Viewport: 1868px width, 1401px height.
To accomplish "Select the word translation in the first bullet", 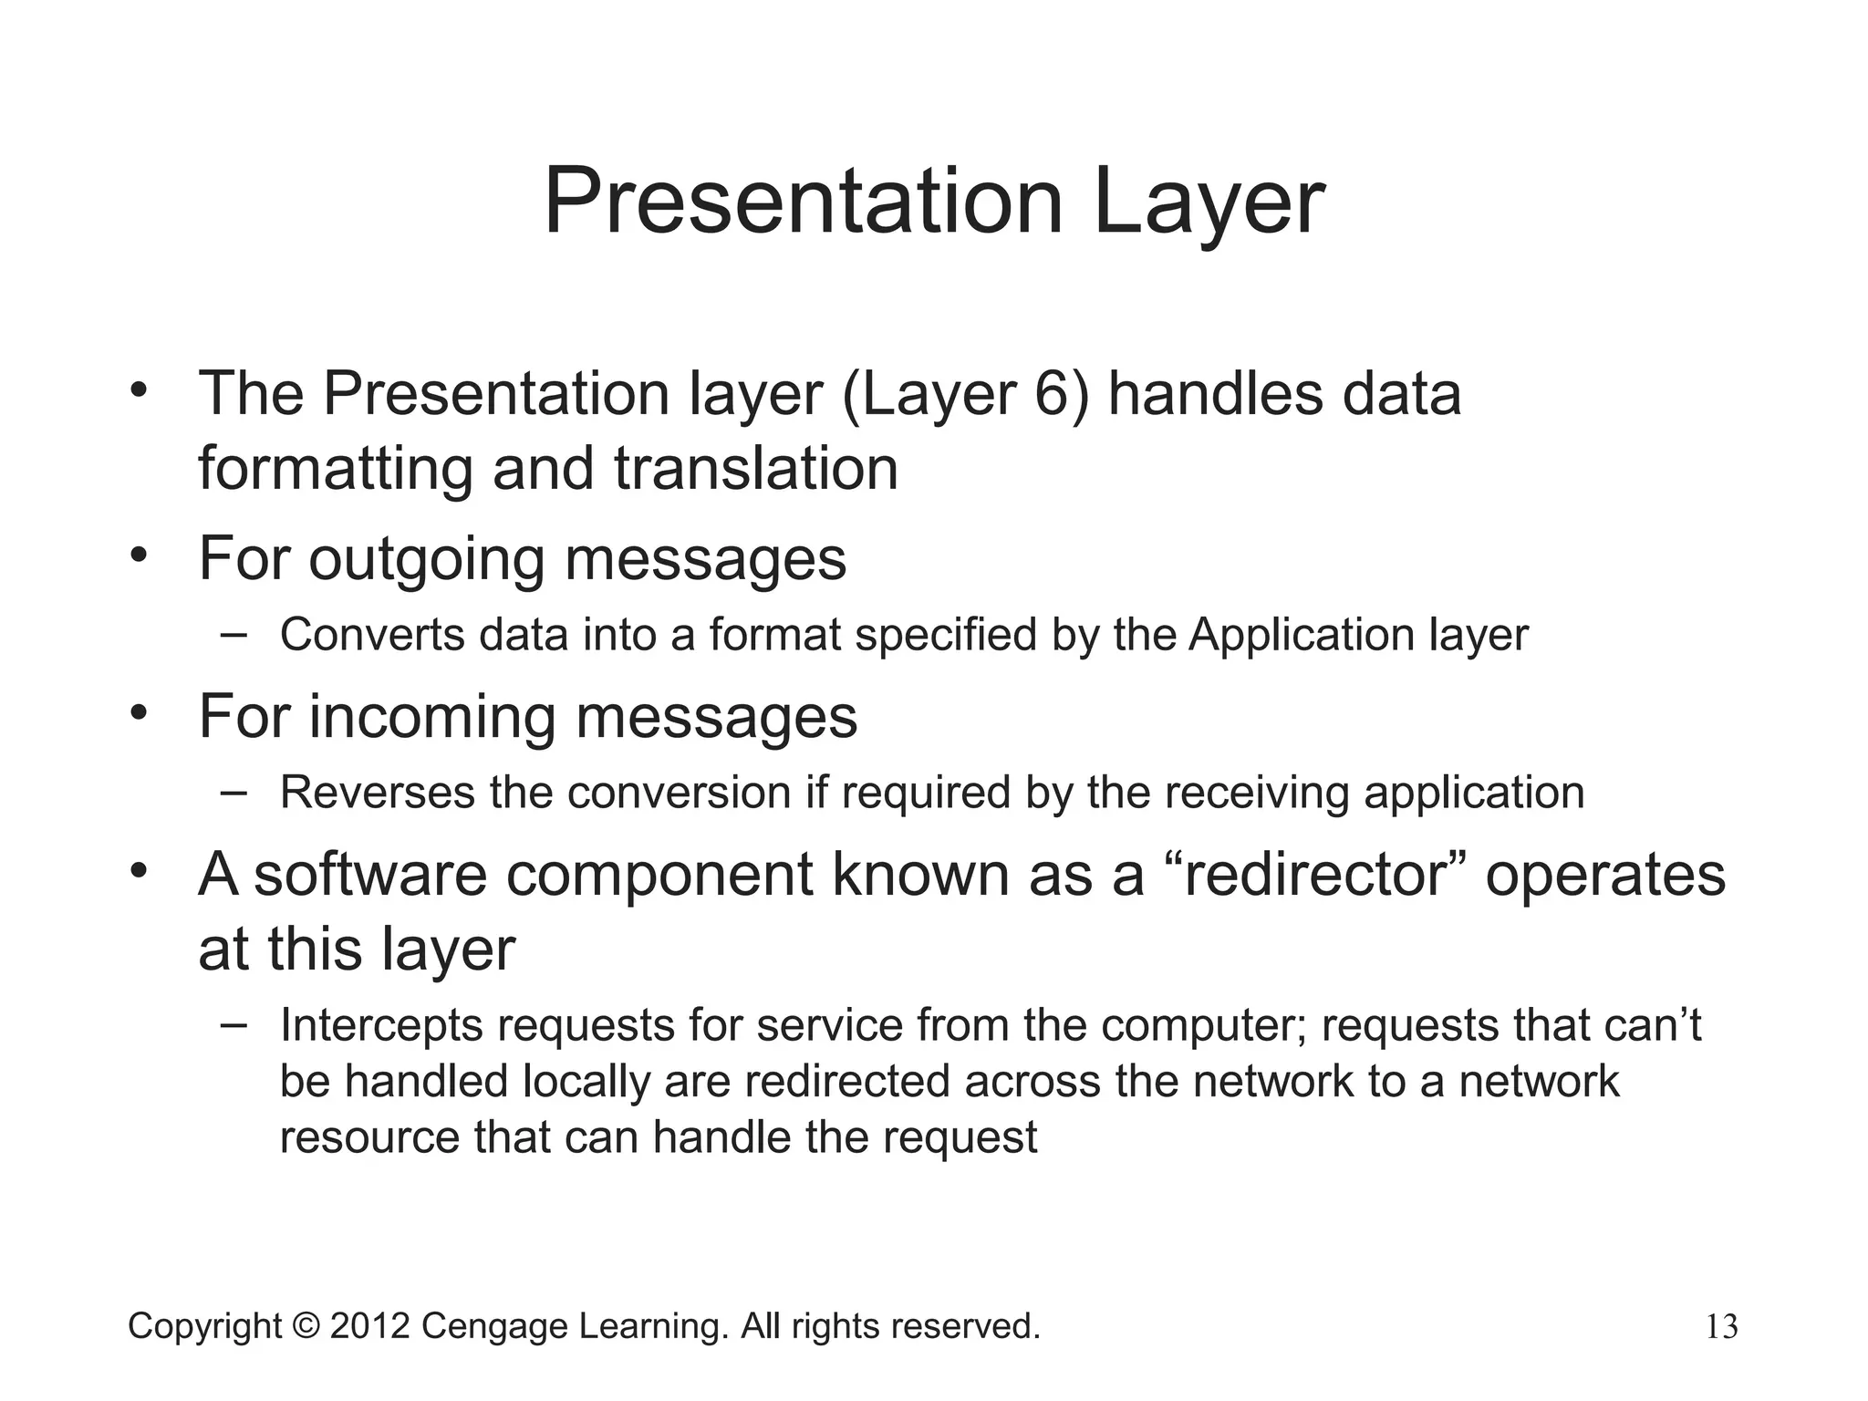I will coord(756,469).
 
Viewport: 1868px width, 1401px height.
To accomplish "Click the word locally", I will coord(586,1083).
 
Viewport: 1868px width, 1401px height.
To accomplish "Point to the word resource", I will coord(369,1138).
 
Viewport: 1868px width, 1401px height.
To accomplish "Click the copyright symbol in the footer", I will coord(306,1326).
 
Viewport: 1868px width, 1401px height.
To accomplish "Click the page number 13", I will coord(1721,1327).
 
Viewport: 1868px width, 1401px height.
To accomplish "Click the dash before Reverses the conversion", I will coord(233,792).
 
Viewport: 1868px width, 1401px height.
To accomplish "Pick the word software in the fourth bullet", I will coord(370,874).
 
